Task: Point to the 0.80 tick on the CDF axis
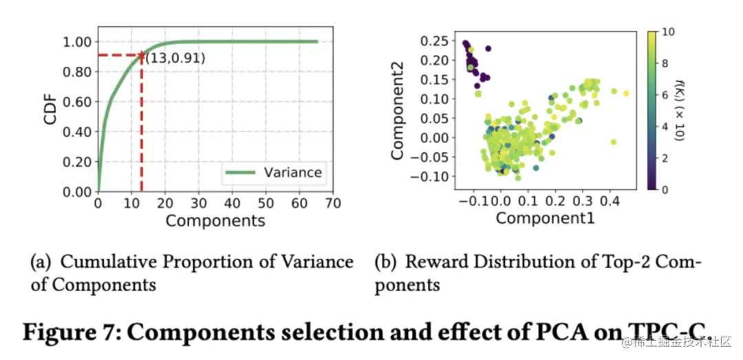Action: pos(77,72)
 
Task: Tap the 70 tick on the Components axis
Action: pos(334,204)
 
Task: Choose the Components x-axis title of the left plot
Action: pos(215,222)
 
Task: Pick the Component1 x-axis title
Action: pos(545,218)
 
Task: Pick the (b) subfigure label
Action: pos(386,262)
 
